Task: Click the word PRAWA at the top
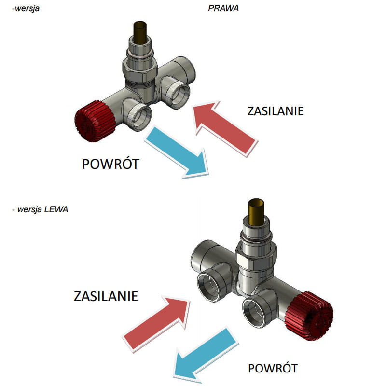click(x=223, y=8)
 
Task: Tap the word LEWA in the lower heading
click(x=56, y=209)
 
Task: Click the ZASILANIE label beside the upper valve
click(x=276, y=111)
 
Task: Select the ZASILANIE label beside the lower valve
click(x=106, y=296)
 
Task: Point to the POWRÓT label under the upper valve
click(x=111, y=164)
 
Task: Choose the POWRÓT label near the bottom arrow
click(x=273, y=368)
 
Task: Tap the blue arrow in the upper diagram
click(x=177, y=152)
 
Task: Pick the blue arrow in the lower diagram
click(x=206, y=354)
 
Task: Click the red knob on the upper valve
click(x=95, y=121)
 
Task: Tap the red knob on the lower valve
click(x=309, y=317)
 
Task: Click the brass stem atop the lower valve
click(x=256, y=212)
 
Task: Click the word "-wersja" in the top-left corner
click(x=26, y=8)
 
